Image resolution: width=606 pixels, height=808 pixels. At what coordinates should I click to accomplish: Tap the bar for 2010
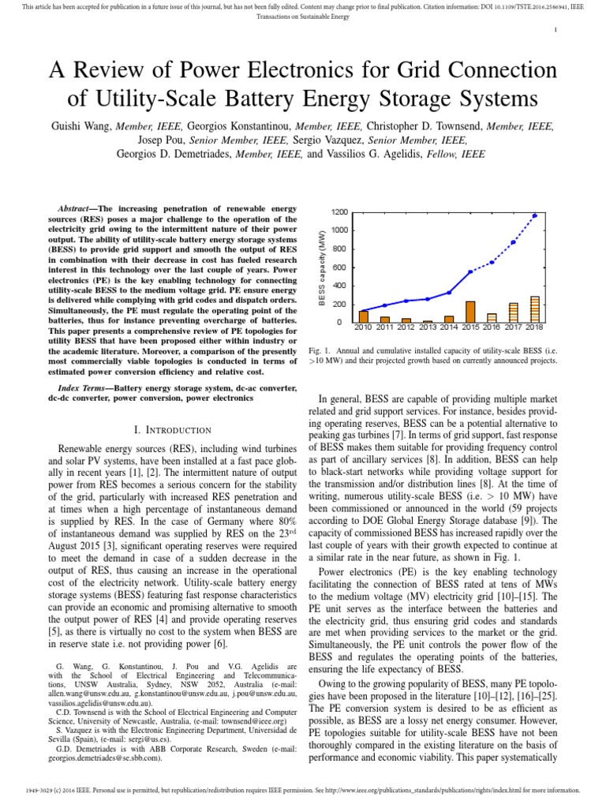click(x=364, y=316)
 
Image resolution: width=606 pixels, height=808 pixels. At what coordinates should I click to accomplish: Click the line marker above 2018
click(x=534, y=215)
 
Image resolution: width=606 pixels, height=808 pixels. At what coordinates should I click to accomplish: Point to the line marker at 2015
click(x=470, y=271)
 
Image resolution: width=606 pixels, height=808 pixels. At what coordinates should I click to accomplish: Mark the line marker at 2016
click(x=492, y=262)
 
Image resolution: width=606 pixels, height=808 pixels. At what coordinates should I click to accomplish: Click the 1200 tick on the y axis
click(x=340, y=212)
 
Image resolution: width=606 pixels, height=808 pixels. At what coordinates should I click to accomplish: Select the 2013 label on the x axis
click(x=428, y=327)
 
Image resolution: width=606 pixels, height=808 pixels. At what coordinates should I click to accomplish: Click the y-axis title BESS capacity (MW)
click(x=322, y=267)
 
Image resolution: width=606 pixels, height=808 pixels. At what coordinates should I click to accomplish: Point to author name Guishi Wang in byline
click(x=81, y=125)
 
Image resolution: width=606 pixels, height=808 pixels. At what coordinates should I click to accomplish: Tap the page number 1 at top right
click(x=556, y=29)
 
